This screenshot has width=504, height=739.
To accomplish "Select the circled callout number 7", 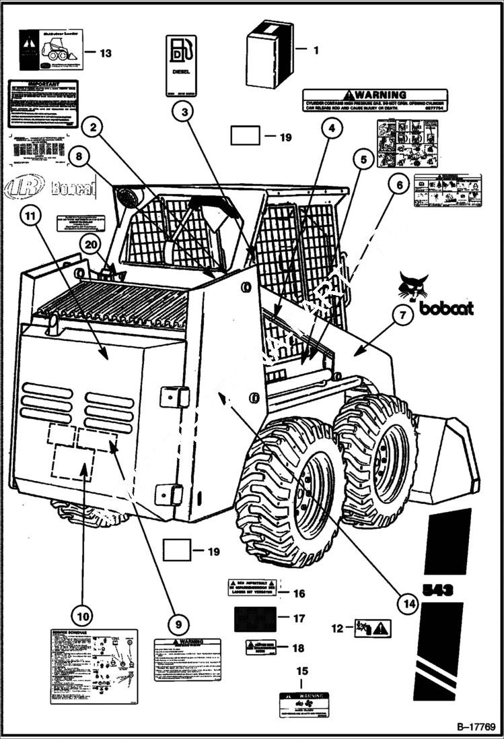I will (403, 315).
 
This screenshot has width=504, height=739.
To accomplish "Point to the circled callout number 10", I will (81, 614).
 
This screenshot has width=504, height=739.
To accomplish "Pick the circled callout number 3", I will (182, 111).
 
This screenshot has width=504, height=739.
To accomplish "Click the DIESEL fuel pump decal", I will (181, 65).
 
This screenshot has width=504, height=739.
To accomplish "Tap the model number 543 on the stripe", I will (437, 590).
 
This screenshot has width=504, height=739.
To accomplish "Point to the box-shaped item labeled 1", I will (268, 54).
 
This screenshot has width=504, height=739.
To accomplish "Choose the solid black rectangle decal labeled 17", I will (255, 618).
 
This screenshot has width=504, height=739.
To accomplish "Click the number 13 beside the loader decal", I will (107, 53).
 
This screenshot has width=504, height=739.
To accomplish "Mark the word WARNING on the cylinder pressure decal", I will (380, 95).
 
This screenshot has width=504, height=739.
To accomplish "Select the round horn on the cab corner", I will (126, 198).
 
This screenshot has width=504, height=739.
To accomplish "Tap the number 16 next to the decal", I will (299, 593).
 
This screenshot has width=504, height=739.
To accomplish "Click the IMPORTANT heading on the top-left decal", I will (42, 86).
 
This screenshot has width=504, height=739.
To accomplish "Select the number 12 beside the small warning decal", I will (337, 628).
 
